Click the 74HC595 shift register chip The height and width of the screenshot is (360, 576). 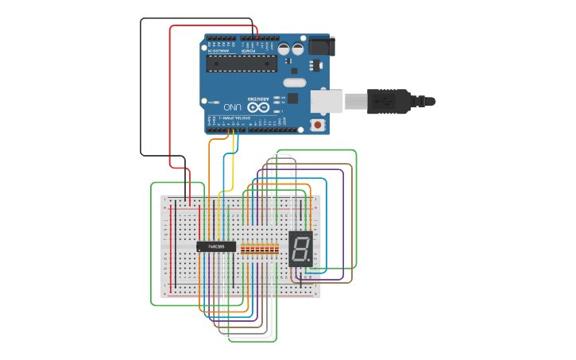pos(216,247)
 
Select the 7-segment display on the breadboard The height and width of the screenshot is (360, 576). pos(300,248)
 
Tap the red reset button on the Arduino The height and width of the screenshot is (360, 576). pos(318,125)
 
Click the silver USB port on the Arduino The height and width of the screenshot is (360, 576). pos(326,101)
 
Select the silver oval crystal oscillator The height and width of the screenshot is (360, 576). pos(294,83)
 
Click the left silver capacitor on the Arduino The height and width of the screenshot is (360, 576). pos(284,49)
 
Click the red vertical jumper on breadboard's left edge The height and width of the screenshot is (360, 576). pos(170,246)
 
